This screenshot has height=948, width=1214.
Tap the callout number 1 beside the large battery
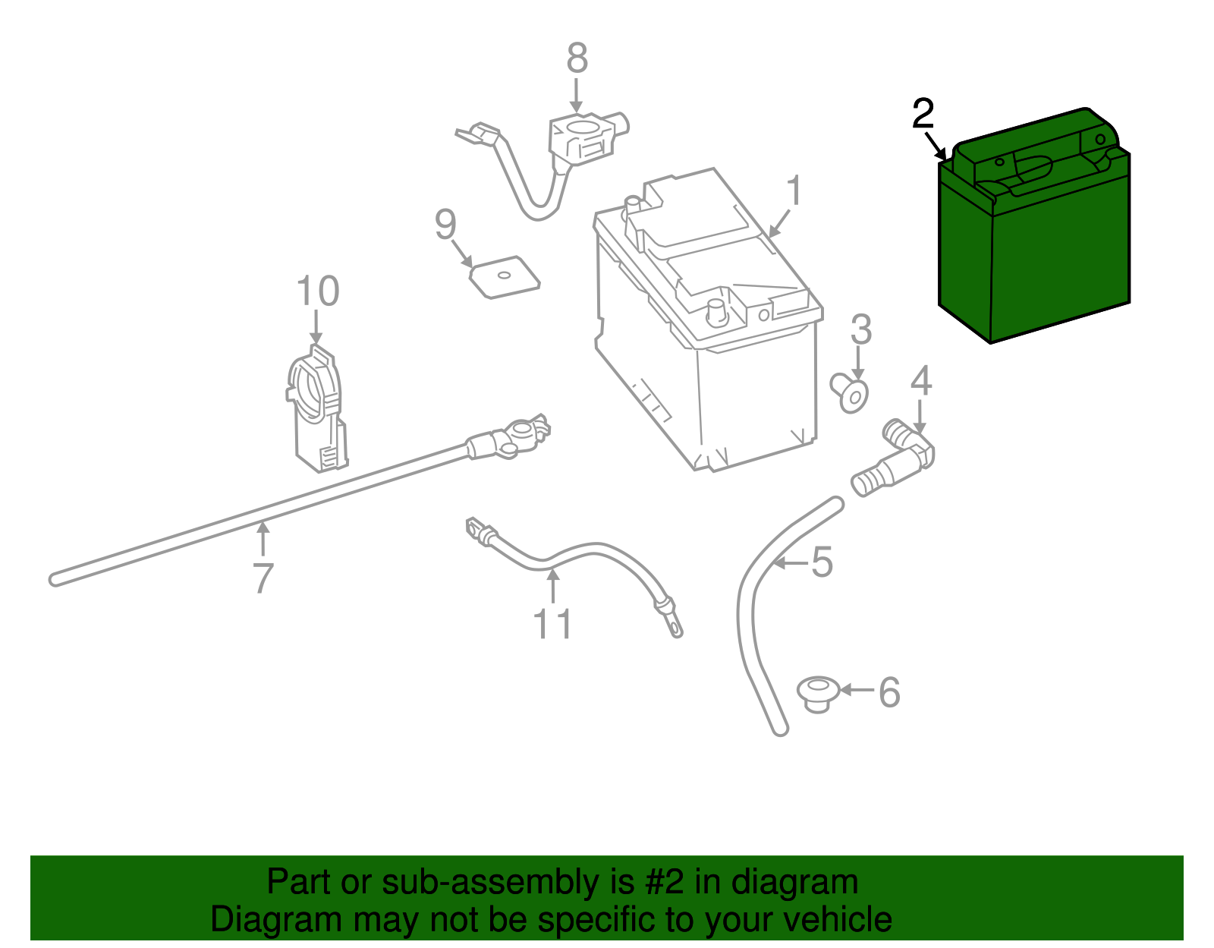794,191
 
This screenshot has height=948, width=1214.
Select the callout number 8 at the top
577,58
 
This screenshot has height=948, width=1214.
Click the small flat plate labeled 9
505,277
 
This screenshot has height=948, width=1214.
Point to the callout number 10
317,291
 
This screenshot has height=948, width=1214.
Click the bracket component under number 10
317,410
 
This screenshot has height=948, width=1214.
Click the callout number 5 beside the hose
822,562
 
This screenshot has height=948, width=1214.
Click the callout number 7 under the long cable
263,578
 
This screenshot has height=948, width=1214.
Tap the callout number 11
552,624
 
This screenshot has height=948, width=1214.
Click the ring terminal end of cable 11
672,626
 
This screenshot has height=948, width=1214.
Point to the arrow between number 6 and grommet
857,690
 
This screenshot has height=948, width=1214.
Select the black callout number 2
923,115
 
